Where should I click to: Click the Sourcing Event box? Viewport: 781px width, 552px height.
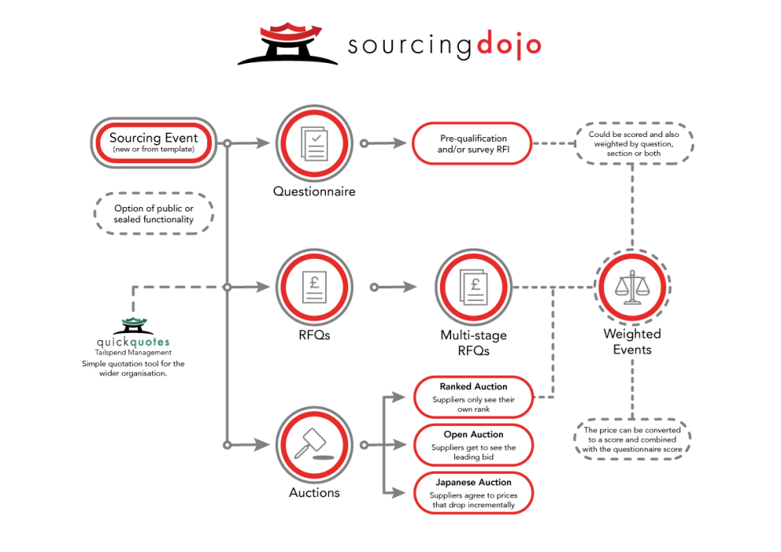pos(153,143)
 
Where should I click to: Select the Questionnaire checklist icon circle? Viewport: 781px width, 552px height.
pos(314,143)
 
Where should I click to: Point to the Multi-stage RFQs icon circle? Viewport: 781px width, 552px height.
pos(473,287)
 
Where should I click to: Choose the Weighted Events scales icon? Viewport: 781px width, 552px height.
pos(633,287)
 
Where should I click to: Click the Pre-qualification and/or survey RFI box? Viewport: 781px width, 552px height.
pos(472,143)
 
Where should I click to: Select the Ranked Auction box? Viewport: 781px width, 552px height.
pos(473,397)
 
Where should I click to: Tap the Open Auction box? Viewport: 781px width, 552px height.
pos(473,445)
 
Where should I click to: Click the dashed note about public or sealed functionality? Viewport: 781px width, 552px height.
pos(153,213)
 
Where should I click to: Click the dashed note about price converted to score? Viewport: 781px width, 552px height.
pos(632,439)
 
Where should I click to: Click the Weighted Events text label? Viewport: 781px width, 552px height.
pos(632,342)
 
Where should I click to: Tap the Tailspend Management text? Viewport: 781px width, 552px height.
pos(133,352)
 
